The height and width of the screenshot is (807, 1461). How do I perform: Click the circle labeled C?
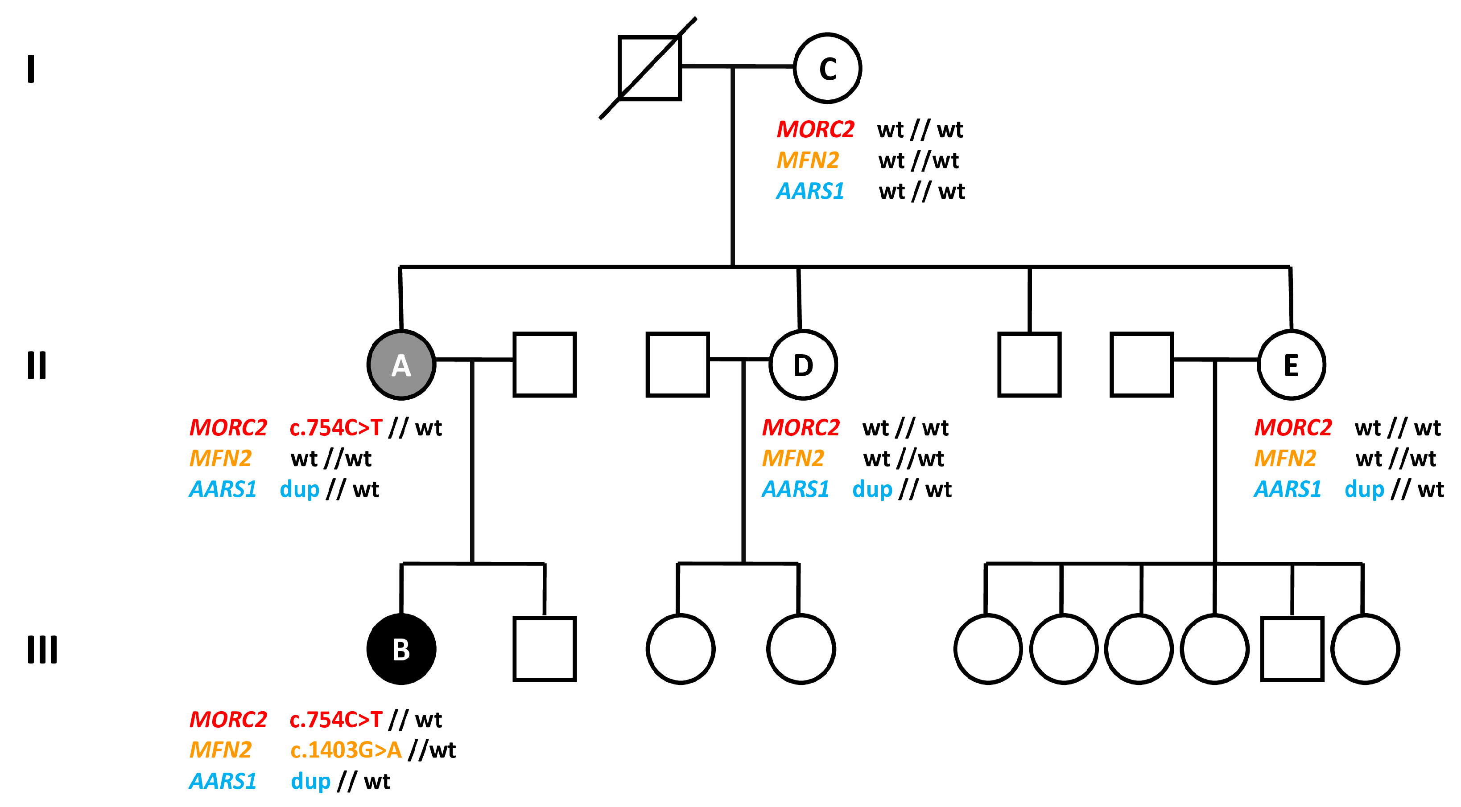point(827,68)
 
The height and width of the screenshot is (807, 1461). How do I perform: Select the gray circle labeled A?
point(401,365)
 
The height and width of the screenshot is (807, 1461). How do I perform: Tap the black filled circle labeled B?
point(401,649)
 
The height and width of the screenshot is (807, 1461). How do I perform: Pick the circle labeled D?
point(803,365)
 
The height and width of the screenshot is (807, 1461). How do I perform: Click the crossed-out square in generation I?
point(649,68)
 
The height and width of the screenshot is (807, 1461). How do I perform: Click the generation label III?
point(42,649)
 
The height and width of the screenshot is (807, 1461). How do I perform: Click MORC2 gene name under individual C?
point(815,130)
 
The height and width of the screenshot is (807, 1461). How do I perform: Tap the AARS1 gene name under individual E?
point(1288,489)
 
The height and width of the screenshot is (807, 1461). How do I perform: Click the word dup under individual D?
point(872,489)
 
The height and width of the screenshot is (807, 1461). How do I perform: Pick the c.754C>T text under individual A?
point(336,428)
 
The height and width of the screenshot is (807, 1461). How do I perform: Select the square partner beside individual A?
point(545,365)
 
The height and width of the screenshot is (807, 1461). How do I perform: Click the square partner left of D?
point(678,365)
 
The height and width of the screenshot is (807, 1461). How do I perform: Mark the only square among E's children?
point(1292,649)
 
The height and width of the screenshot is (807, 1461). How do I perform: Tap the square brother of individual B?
point(545,649)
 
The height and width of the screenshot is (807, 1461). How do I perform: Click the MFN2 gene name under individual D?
point(792,459)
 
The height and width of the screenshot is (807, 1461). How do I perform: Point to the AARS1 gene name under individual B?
point(223,782)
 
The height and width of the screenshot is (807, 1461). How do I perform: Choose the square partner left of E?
point(1142,365)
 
